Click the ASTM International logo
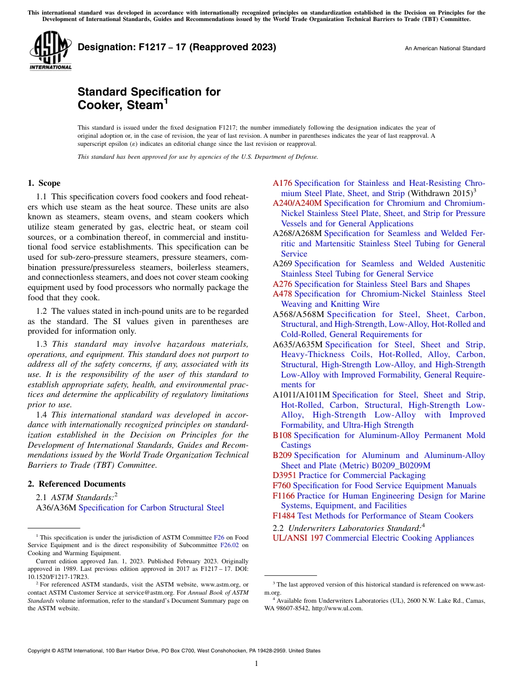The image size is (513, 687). [x=50, y=51]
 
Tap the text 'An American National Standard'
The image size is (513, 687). [x=445, y=49]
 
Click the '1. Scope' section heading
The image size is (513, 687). [x=44, y=183]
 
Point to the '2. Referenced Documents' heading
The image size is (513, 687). [x=77, y=484]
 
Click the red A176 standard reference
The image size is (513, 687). [x=282, y=183]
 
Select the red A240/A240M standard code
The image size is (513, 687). [x=297, y=203]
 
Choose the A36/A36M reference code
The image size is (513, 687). [x=57, y=507]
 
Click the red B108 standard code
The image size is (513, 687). [x=282, y=435]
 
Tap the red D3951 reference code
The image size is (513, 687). [x=285, y=475]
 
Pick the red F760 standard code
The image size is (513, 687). [x=281, y=486]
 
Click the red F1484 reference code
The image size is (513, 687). [x=284, y=516]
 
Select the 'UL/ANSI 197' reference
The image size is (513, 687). [x=298, y=538]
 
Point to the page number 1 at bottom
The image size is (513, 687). [x=256, y=663]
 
